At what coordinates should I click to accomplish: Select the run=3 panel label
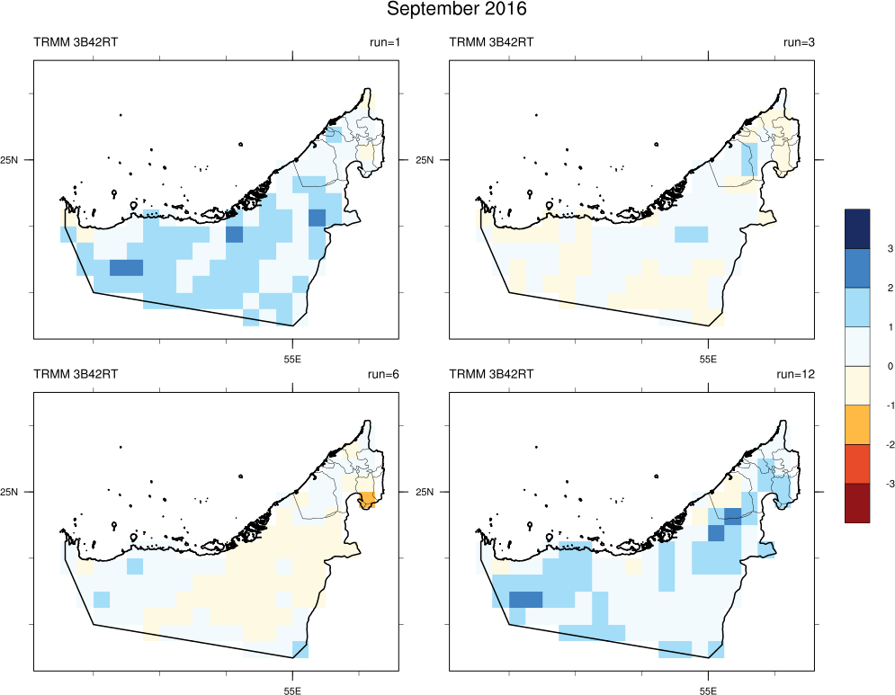(799, 42)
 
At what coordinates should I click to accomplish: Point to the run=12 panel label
(796, 374)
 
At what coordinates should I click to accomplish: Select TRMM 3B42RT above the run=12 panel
(491, 374)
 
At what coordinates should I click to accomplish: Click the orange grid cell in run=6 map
(367, 502)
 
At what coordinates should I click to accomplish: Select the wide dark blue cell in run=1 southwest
(126, 267)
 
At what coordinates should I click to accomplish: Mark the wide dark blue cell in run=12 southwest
(525, 600)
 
